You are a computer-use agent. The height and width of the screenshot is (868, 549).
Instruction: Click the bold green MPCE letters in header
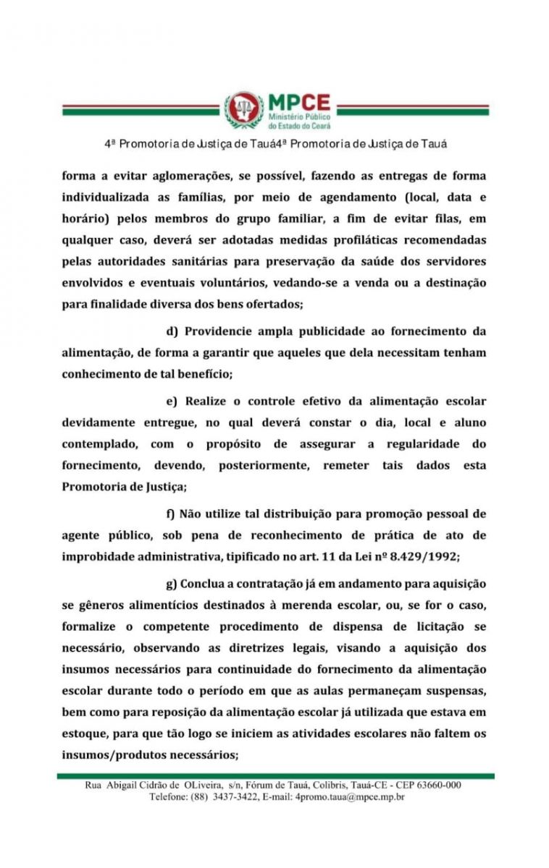tap(298, 101)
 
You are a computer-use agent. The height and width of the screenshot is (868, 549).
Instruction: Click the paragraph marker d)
tap(172, 332)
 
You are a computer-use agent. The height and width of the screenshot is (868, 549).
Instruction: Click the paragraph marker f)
tap(171, 514)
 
